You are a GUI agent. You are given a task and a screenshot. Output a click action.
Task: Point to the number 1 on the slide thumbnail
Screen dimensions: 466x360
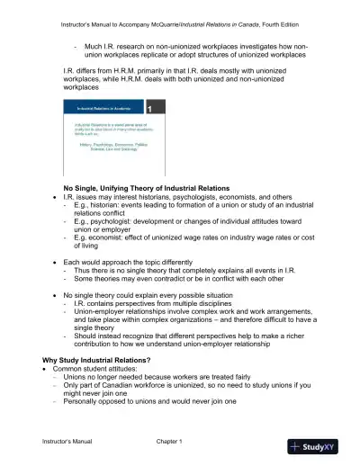point(160,108)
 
